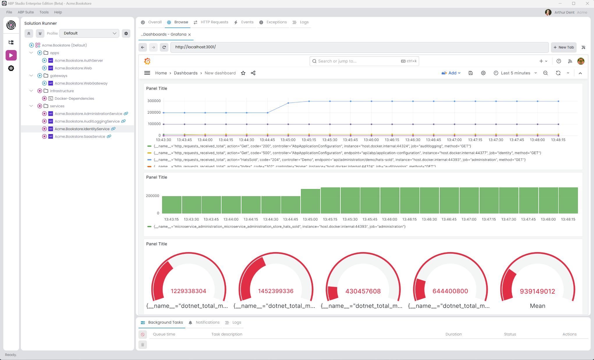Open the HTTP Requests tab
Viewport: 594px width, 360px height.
click(x=214, y=22)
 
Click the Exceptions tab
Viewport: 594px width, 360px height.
click(x=276, y=22)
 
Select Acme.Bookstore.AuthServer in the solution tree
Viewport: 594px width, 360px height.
click(x=79, y=60)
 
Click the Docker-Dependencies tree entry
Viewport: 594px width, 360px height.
click(x=74, y=99)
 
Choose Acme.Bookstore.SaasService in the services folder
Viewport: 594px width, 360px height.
click(x=80, y=136)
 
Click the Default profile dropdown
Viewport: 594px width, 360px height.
click(x=89, y=33)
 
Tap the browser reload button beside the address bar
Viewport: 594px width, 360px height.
click(x=164, y=47)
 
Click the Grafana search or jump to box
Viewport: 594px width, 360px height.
click(x=364, y=61)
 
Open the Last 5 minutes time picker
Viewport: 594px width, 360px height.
click(x=515, y=73)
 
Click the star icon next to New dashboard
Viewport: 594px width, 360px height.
click(x=243, y=73)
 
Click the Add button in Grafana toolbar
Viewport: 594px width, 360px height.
click(x=451, y=73)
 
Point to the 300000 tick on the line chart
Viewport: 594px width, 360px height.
click(x=154, y=101)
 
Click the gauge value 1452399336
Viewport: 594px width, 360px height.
click(x=276, y=291)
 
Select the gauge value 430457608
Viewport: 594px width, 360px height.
click(x=363, y=291)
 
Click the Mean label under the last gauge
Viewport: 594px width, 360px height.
click(x=537, y=306)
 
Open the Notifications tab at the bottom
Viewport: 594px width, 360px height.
click(x=207, y=322)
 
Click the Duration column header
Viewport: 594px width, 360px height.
click(x=453, y=334)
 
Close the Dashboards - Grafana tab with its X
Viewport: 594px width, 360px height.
click(x=189, y=35)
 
